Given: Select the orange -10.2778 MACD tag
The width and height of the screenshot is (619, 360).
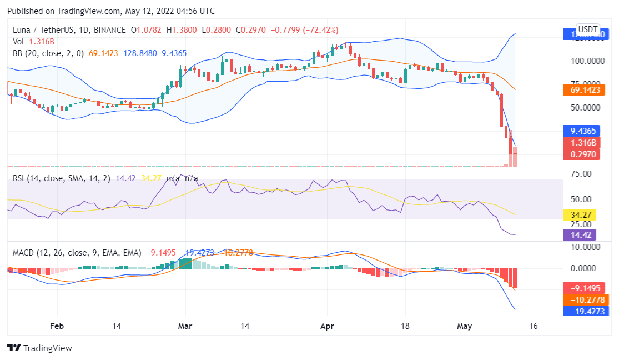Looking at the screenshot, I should [586, 300].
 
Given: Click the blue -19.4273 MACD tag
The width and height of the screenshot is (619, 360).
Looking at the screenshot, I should [586, 311].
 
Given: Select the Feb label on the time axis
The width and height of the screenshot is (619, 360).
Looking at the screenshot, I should [54, 326].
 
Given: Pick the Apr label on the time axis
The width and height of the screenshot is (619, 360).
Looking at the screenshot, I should [327, 326].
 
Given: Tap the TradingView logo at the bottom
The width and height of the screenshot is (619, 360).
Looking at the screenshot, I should [40, 348].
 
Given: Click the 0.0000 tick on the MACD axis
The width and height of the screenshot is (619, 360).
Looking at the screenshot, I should [585, 268].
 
